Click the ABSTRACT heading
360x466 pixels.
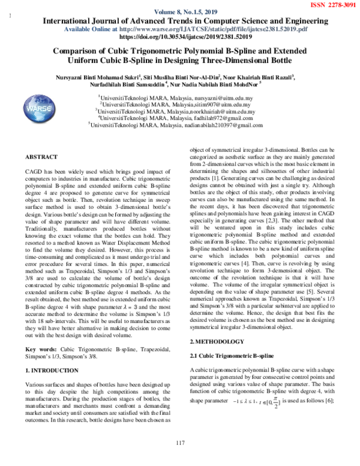pyautogui.click(x=41, y=157)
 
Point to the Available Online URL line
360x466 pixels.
pyautogui.click(x=185, y=29)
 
